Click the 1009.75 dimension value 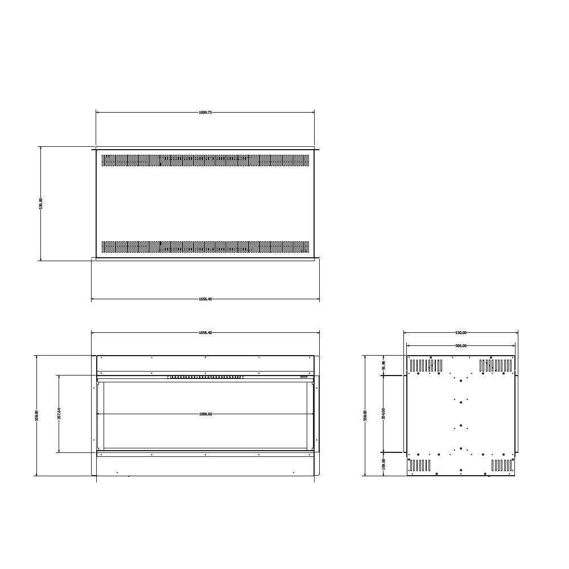click(205, 113)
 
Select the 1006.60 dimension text click(205, 414)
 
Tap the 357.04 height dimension click(59, 414)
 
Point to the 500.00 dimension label click(460, 345)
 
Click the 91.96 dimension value click(384, 365)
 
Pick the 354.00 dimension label click(384, 414)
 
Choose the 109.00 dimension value click(384, 464)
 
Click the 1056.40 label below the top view click(205, 299)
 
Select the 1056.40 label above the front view click(205, 333)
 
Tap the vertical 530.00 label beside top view click(40, 203)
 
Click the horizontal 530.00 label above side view click(460, 333)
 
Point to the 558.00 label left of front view click(36, 415)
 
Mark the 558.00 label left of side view click(365, 415)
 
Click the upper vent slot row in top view click(205, 160)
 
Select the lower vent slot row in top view click(205, 247)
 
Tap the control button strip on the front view click(205, 377)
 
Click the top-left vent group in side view click(426, 365)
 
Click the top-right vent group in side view click(496, 365)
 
